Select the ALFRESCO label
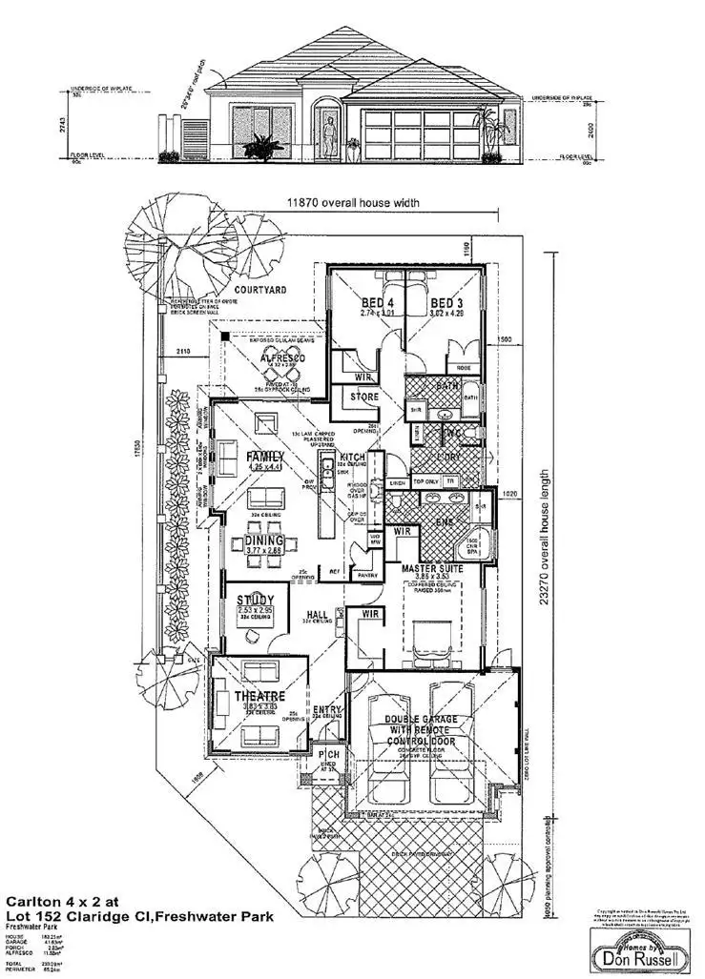point(267,358)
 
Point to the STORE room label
point(363,397)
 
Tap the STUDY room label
point(255,600)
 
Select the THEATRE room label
point(259,697)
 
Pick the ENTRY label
point(327,709)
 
